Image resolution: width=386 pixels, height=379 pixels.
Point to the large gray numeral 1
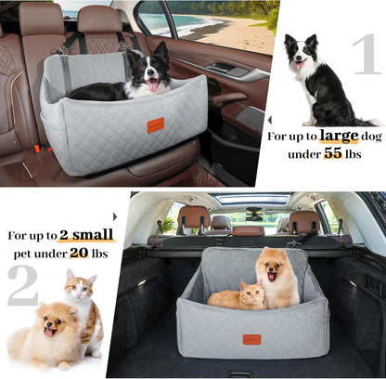click(363, 55)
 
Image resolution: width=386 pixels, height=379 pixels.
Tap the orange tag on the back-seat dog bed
click(155, 124)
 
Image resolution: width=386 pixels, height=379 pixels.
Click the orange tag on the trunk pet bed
click(251, 339)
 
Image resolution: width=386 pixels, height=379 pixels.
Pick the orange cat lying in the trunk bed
click(237, 296)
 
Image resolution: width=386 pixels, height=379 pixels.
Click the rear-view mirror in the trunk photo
click(252, 214)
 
